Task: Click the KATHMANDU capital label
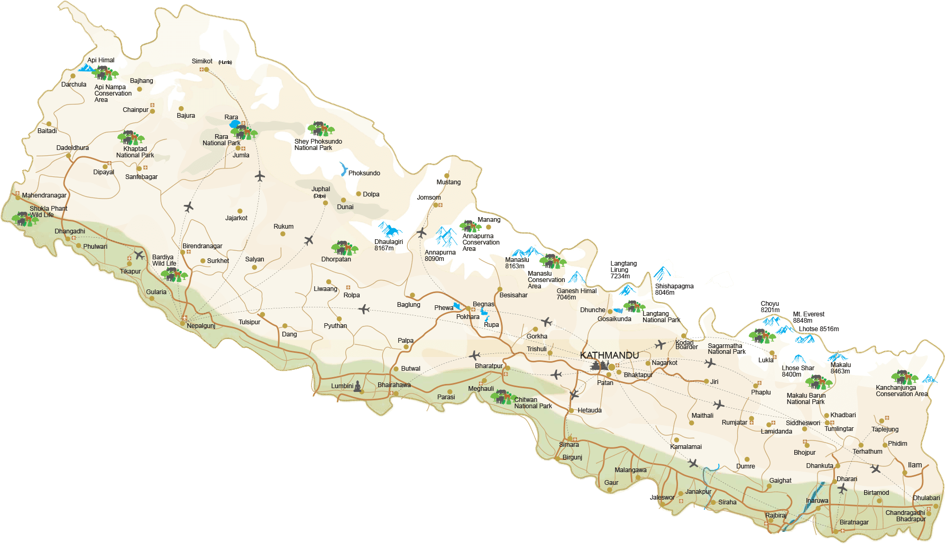[x=609, y=355]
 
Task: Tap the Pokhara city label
[x=467, y=317]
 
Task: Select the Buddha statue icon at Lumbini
[x=358, y=386]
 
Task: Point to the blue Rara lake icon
[x=234, y=124]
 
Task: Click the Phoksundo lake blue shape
[x=343, y=169]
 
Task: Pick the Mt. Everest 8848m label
[x=808, y=317]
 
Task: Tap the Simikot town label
[x=202, y=61]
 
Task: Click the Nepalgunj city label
[x=201, y=326]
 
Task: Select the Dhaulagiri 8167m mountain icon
[x=390, y=230]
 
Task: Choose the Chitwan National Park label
[x=533, y=403]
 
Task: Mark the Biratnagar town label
[x=854, y=522]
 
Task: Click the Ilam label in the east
[x=914, y=465]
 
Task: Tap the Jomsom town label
[x=428, y=198]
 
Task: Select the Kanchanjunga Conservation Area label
[x=901, y=391]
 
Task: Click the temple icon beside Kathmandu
[x=599, y=365]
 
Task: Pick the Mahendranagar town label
[x=44, y=195]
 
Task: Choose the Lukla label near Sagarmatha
[x=765, y=360]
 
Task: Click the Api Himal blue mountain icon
[x=86, y=68]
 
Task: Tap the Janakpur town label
[x=698, y=492]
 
